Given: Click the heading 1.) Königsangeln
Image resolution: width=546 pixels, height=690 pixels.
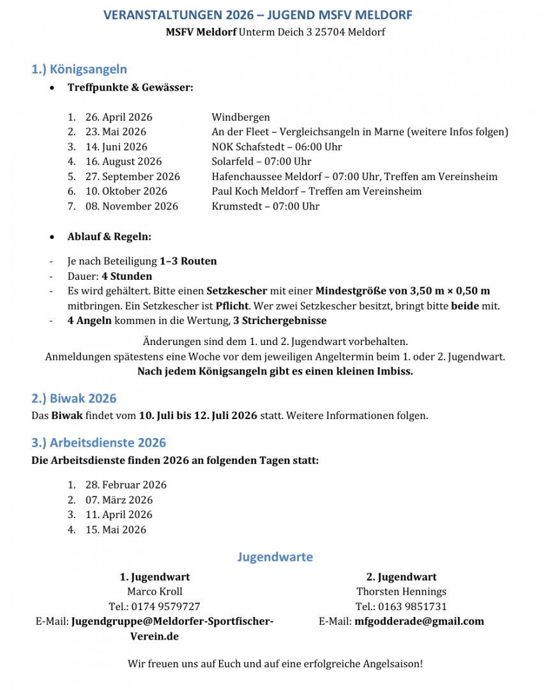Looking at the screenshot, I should pyautogui.click(x=79, y=70).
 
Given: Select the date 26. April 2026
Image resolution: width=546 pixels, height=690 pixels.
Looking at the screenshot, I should pyautogui.click(x=119, y=117).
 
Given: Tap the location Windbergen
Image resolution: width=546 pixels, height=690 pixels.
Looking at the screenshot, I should pyautogui.click(x=241, y=117).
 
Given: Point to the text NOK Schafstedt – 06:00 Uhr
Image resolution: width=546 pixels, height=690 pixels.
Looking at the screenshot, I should pyautogui.click(x=277, y=146).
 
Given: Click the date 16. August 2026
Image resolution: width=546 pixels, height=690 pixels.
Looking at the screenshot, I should pyautogui.click(x=123, y=162).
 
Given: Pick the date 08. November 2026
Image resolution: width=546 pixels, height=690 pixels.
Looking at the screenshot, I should pyautogui.click(x=132, y=206).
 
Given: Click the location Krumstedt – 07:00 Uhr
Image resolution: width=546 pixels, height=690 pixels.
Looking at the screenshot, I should pyautogui.click(x=266, y=206).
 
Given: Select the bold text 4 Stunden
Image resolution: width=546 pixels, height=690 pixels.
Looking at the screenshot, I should pyautogui.click(x=127, y=276).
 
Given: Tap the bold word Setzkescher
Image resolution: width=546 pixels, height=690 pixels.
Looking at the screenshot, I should pyautogui.click(x=237, y=291).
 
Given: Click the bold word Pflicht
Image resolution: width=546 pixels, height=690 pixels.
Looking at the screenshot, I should pyautogui.click(x=232, y=306).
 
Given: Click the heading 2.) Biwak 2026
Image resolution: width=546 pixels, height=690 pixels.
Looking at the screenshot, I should pyautogui.click(x=74, y=399).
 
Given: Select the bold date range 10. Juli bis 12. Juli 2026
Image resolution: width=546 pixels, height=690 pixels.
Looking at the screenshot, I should pyautogui.click(x=198, y=416).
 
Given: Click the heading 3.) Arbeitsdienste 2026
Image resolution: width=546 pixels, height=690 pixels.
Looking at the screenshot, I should pyautogui.click(x=99, y=443).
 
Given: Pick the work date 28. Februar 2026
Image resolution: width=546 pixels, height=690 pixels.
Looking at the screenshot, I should pyautogui.click(x=126, y=485).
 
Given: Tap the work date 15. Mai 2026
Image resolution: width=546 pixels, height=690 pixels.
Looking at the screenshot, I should pyautogui.click(x=116, y=529).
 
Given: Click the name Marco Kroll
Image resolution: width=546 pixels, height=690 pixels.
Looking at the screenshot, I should pyautogui.click(x=155, y=592).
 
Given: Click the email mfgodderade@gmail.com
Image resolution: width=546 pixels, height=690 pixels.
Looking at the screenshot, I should pyautogui.click(x=419, y=621).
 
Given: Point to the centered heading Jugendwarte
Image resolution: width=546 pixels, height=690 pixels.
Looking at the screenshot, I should pyautogui.click(x=275, y=557).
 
